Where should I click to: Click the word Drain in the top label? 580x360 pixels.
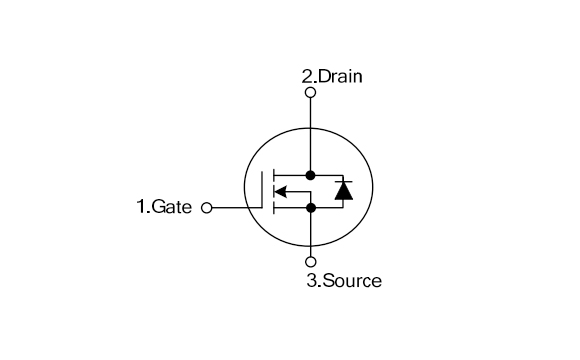(340, 76)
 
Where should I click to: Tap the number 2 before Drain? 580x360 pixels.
(308, 76)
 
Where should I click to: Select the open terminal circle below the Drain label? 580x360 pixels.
(310, 92)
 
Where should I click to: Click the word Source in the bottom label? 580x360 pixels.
(351, 281)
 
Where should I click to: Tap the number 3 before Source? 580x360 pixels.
(311, 281)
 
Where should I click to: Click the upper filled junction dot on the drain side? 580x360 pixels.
(310, 175)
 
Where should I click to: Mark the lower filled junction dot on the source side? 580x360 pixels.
(310, 208)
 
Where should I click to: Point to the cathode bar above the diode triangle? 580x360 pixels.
(343, 181)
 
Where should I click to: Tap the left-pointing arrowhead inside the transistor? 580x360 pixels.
(280, 192)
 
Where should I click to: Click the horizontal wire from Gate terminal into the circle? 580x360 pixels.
(237, 208)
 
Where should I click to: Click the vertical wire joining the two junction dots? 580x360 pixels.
(310, 192)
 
